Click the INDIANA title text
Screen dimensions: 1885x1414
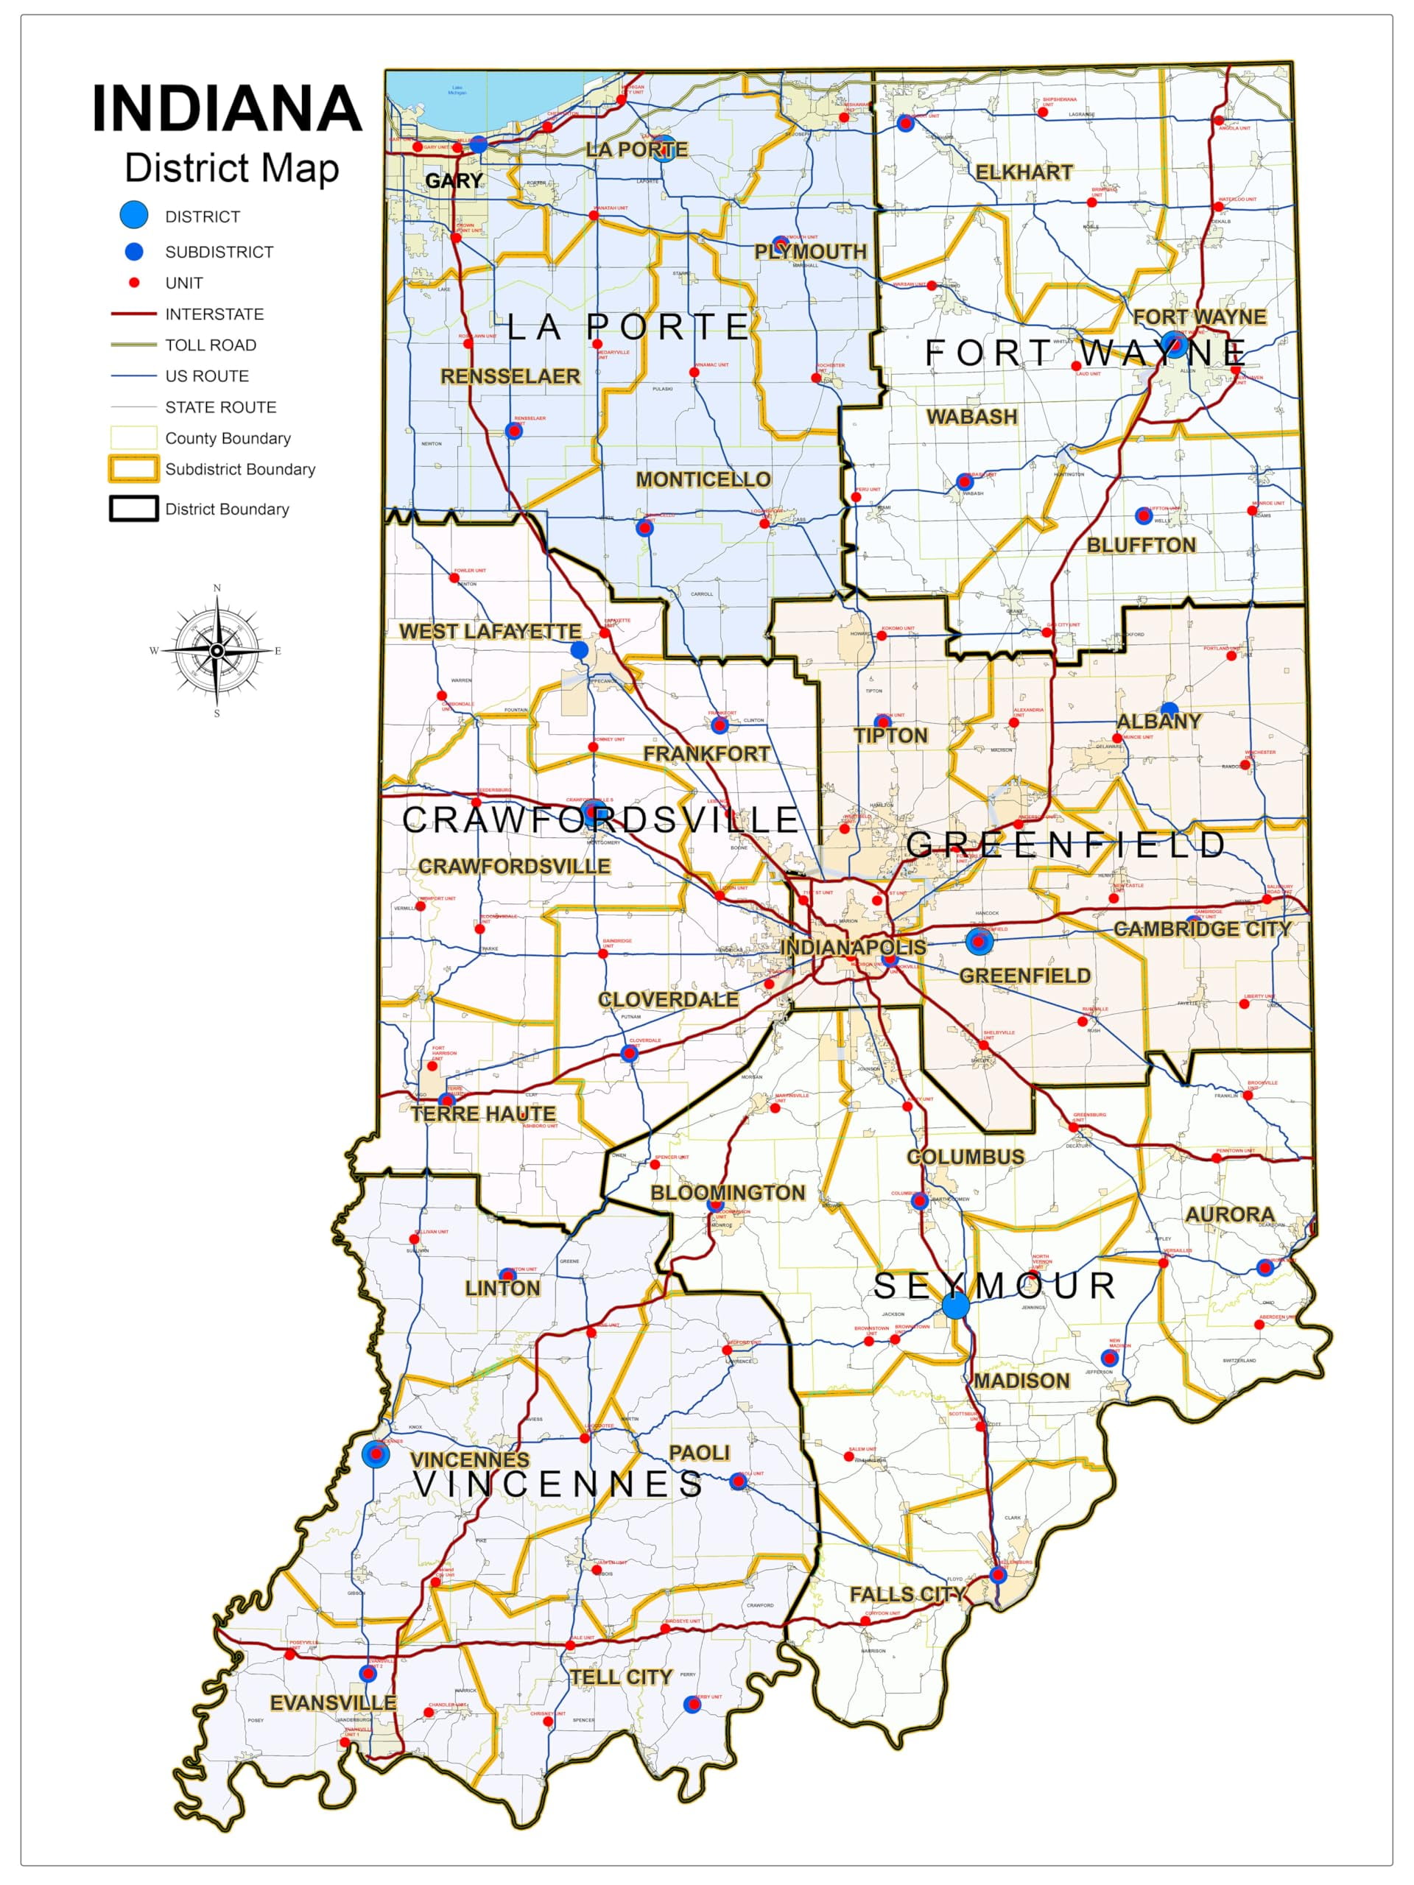(227, 108)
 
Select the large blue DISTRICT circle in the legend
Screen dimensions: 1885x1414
(134, 216)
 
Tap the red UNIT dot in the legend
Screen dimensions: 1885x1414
(134, 282)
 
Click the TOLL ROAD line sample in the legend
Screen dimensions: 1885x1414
(134, 345)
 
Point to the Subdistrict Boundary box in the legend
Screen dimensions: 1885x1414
(134, 469)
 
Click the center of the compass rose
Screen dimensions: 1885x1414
(217, 650)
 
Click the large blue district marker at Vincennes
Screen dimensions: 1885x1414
(376, 1454)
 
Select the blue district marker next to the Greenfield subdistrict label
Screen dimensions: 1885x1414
(979, 942)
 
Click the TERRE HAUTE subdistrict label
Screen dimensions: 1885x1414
(482, 1114)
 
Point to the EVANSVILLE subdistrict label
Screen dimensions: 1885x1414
(332, 1702)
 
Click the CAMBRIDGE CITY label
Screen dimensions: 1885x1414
(1203, 929)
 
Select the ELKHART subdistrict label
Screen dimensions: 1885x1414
(1024, 172)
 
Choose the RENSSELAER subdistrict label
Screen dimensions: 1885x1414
(510, 376)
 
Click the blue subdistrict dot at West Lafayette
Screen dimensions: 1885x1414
(579, 650)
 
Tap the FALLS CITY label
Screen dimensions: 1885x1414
(907, 1593)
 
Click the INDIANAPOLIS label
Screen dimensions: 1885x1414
(853, 947)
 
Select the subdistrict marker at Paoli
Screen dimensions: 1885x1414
(739, 1481)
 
